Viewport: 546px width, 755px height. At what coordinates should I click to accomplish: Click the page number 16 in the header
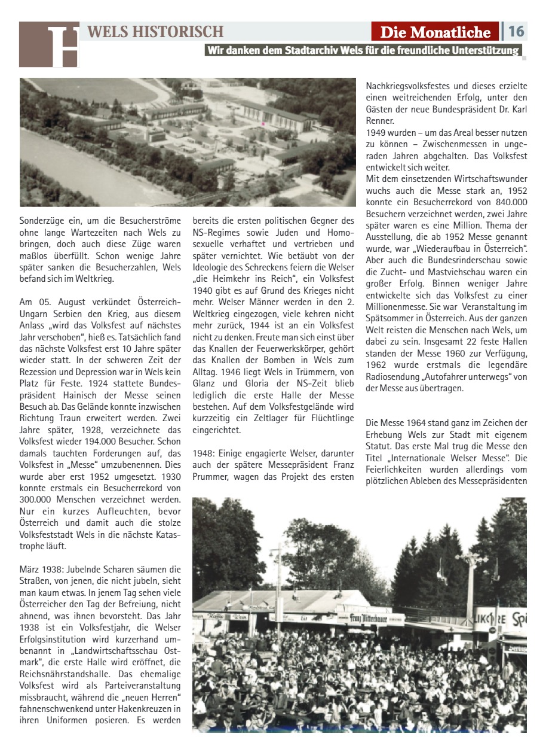517,31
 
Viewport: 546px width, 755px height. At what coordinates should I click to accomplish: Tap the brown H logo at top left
49,44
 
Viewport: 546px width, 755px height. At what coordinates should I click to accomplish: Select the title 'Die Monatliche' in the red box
434,32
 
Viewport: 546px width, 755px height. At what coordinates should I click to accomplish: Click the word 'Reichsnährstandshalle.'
62,663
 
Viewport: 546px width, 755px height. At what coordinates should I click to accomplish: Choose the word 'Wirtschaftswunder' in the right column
489,179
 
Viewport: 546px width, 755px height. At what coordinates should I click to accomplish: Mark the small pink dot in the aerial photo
262,124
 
